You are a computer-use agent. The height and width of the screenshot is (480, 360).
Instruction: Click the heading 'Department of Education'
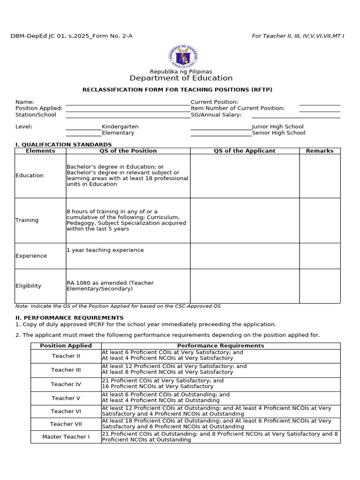tap(181, 78)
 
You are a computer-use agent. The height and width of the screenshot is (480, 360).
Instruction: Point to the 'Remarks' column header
tap(320, 151)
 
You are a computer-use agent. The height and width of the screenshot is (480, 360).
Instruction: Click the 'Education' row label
tap(30, 176)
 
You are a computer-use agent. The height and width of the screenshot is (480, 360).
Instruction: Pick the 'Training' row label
tap(27, 220)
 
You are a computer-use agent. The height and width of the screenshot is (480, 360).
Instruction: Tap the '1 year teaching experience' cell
tap(105, 250)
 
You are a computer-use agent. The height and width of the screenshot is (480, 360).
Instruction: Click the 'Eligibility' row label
tap(29, 286)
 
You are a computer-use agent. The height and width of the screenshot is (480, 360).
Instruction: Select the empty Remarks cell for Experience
tap(320, 256)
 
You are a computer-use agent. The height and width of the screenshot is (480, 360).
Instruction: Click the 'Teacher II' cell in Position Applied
tap(66, 356)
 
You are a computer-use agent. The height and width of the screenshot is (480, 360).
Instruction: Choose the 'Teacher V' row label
tap(66, 398)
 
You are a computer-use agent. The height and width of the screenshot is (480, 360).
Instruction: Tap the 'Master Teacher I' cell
tap(66, 437)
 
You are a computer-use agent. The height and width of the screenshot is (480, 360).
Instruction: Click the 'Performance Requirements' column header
tap(221, 346)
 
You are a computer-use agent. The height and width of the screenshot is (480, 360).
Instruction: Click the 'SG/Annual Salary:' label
tap(216, 115)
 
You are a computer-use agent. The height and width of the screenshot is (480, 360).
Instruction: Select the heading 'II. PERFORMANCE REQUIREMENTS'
tap(69, 318)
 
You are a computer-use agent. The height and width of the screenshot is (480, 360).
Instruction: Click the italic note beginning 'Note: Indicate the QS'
tap(118, 306)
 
